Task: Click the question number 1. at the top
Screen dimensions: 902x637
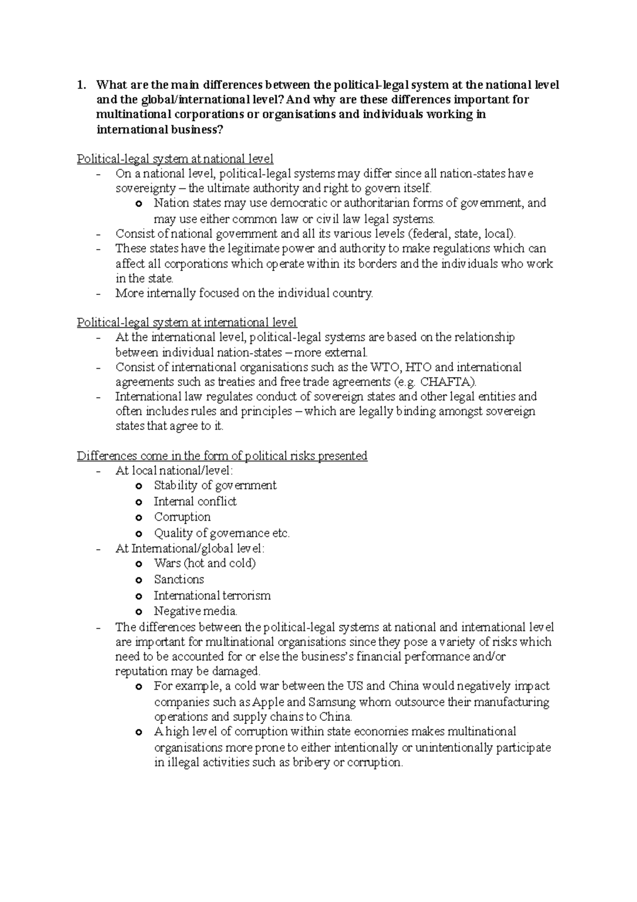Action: [81, 85]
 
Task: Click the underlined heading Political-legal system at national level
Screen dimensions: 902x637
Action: [175, 159]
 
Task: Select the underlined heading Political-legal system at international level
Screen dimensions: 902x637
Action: [187, 322]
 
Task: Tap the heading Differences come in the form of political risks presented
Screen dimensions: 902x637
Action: [222, 456]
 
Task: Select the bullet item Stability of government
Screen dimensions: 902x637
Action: [215, 485]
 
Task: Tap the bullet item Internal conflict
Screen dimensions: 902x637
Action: [195, 501]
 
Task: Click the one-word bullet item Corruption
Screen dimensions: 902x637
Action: [182, 517]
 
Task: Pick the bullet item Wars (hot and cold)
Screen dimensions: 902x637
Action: [204, 563]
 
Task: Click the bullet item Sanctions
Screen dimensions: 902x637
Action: [179, 579]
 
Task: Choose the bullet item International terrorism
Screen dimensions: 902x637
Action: [212, 595]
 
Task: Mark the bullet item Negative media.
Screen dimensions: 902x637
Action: [195, 611]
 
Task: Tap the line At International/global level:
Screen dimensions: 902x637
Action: [190, 549]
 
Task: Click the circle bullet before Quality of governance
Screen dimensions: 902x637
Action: [139, 533]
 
